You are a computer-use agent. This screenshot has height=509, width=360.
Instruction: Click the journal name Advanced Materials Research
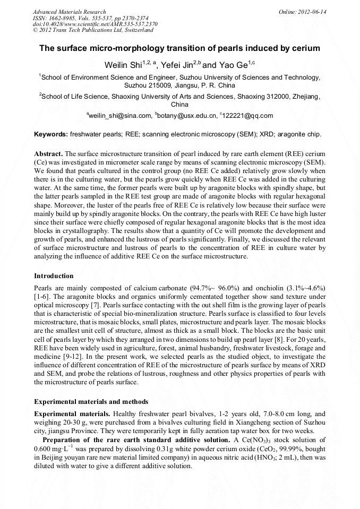(x=69, y=12)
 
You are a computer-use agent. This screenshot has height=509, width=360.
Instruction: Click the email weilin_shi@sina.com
(x=120, y=115)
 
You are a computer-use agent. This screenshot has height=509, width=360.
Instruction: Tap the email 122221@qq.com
(x=248, y=115)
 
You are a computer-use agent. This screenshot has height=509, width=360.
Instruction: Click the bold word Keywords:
(x=51, y=135)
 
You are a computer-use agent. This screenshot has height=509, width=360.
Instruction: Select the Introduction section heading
(x=54, y=276)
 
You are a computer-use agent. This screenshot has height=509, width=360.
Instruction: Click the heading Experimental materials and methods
(x=91, y=402)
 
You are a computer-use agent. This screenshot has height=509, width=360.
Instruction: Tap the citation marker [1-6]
(x=42, y=296)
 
